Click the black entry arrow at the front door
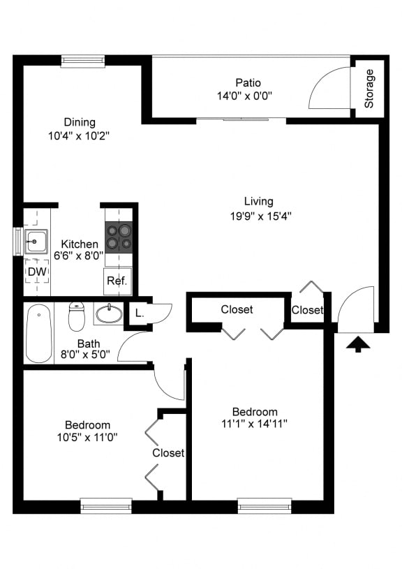pos(357,343)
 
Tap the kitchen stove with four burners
pos(118,237)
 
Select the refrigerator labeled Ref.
pos(116,281)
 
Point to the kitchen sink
pos(35,241)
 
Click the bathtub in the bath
pos(39,334)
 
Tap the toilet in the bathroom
pos(77,316)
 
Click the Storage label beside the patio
pos(369,89)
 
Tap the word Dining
pos(80,122)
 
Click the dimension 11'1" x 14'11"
pos(254,424)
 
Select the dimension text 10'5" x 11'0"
pos(87,438)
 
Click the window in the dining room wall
pos(82,61)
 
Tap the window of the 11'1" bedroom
pos(265,505)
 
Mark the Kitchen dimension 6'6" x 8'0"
pos(80,256)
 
